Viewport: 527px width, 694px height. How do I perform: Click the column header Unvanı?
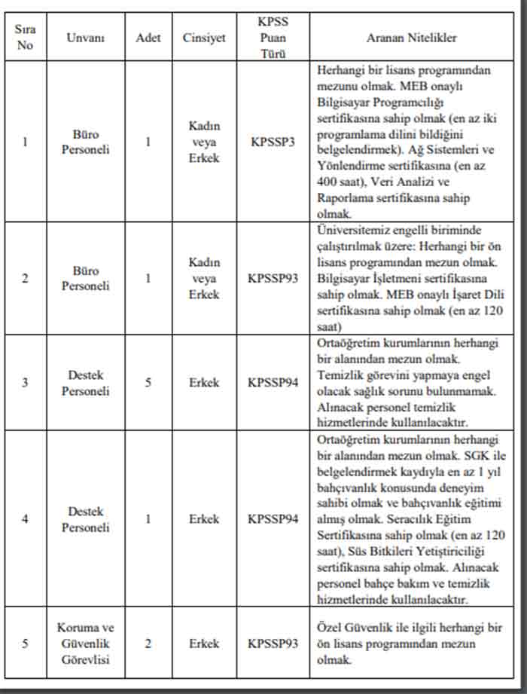click(x=85, y=38)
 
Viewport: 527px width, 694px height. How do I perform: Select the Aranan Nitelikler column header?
click(x=411, y=38)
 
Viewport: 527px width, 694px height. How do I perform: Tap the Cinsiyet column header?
click(x=204, y=38)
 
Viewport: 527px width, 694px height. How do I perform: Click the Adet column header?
click(x=148, y=38)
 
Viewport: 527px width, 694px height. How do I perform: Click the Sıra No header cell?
click(x=26, y=37)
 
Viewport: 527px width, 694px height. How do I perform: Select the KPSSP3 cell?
click(x=273, y=142)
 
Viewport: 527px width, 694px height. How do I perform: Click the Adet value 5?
click(x=148, y=383)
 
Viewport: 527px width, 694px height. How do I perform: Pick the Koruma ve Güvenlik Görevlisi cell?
click(x=85, y=644)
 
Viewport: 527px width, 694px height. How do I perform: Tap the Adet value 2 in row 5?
click(x=148, y=644)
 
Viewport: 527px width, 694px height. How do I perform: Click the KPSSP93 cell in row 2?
click(x=273, y=278)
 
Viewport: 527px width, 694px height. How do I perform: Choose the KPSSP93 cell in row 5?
click(x=273, y=644)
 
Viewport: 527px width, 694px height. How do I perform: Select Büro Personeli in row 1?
click(x=85, y=142)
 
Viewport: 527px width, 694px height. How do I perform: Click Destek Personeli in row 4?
click(x=85, y=519)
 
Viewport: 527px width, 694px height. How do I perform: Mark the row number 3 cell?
click(x=26, y=383)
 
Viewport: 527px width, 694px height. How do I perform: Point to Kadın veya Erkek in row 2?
click(x=204, y=278)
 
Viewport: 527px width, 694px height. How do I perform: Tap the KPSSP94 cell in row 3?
click(x=273, y=383)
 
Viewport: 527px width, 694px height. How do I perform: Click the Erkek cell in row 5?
click(x=204, y=644)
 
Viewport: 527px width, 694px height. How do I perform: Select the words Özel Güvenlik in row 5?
click(x=353, y=628)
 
